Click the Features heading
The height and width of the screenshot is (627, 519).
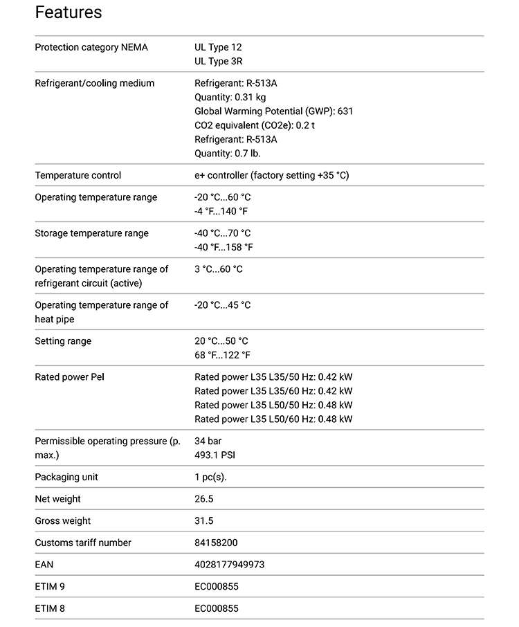(68, 12)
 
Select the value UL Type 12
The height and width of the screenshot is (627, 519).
(218, 47)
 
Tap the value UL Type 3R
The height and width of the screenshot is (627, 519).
(218, 62)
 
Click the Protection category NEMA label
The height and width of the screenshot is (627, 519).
(91, 47)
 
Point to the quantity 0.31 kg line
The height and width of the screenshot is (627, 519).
(230, 98)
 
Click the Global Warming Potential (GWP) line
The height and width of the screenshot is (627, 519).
(273, 111)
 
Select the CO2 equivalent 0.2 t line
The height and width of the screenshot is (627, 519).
(254, 125)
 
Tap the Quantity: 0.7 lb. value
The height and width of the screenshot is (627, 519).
(227, 154)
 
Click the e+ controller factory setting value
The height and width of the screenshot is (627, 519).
(271, 175)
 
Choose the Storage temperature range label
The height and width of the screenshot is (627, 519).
(91, 233)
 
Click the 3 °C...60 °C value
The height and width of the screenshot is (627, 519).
(219, 269)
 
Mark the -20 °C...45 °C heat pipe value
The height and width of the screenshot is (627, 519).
(222, 305)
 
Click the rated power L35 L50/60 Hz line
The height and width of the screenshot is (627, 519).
(273, 419)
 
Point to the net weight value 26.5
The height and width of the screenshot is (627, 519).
(203, 499)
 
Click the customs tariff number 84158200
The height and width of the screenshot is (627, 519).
(216, 543)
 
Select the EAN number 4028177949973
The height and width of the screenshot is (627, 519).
(229, 565)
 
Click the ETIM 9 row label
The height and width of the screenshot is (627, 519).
(50, 587)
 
